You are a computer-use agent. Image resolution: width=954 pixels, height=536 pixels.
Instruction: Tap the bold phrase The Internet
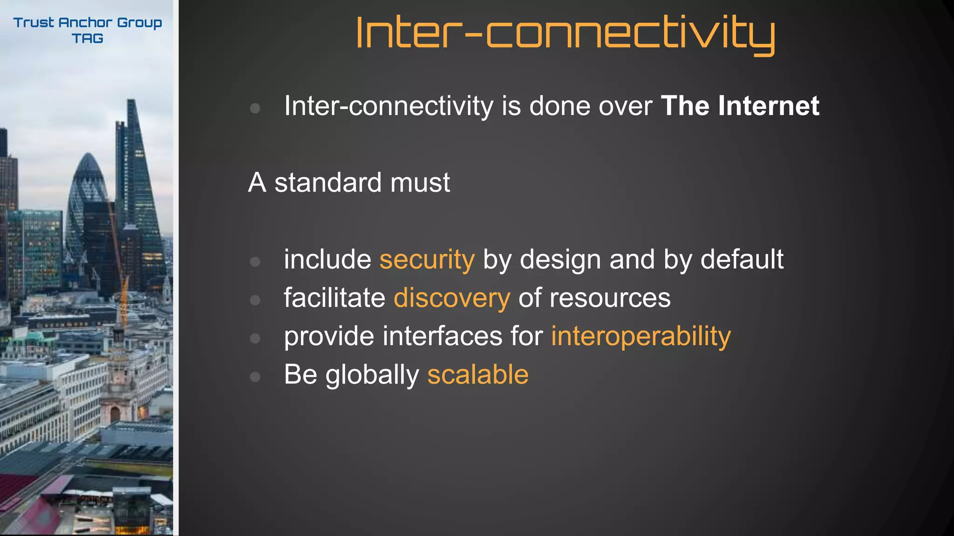point(740,106)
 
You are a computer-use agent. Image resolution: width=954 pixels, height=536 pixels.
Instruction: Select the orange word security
point(427,260)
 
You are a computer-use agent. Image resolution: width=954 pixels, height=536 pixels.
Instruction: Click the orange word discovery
point(452,298)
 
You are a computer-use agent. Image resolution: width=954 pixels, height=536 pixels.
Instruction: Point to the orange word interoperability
point(641,336)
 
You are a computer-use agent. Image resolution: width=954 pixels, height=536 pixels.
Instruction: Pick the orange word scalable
point(478,375)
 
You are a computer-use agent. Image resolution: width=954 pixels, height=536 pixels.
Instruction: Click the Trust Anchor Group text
point(88,22)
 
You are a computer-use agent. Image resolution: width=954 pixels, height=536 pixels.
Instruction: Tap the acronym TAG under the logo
point(88,39)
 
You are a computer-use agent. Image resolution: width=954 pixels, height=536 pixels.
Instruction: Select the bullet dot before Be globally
point(255,376)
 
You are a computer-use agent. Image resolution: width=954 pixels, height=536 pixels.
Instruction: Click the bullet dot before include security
point(255,261)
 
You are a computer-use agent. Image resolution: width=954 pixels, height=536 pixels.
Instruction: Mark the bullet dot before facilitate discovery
point(255,300)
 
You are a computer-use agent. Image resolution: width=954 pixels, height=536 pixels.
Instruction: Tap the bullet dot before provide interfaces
point(255,338)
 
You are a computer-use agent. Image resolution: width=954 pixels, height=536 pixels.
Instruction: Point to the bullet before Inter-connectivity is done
point(255,108)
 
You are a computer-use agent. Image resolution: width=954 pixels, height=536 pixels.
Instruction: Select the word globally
point(372,375)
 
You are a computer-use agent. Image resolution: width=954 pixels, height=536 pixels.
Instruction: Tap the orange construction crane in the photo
point(123,298)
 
